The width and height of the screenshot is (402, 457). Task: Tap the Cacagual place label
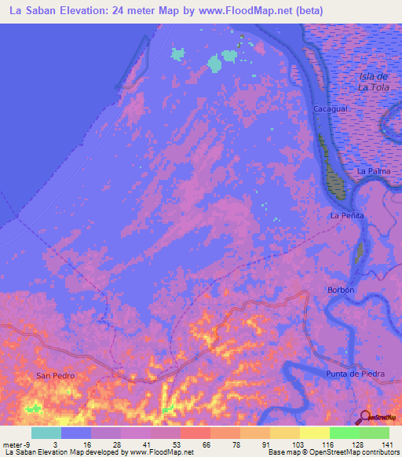coord(330,108)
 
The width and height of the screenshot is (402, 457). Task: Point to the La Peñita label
coord(345,215)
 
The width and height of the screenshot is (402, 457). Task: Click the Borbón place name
coord(341,290)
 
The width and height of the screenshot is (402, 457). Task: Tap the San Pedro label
coord(55,376)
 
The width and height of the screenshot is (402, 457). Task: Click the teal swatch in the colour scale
coord(46,433)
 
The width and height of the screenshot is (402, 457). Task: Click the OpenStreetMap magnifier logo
coord(366,417)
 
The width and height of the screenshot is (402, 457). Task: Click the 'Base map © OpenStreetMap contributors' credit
coord(332,452)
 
